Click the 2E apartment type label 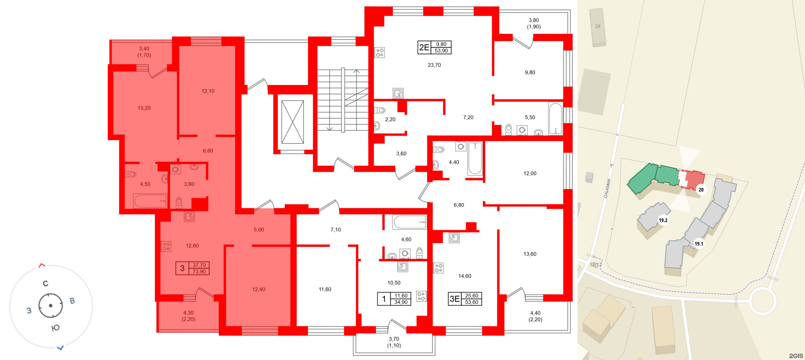coord(424,47)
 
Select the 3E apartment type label coord(455,299)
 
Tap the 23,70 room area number coord(434,65)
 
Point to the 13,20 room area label coord(144,108)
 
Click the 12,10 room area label coord(208,91)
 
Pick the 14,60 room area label coord(465,276)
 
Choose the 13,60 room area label coord(530,254)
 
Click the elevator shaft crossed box coord(293,122)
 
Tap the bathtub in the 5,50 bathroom coord(555,119)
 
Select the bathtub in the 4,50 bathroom coord(150,201)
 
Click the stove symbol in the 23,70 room coord(380,53)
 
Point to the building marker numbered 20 coord(701,190)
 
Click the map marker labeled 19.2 coord(663,220)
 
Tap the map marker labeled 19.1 coord(699,244)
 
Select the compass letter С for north coord(45,284)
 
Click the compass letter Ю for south coord(55,328)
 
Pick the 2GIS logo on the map coord(796,356)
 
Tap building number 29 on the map coord(598,26)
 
